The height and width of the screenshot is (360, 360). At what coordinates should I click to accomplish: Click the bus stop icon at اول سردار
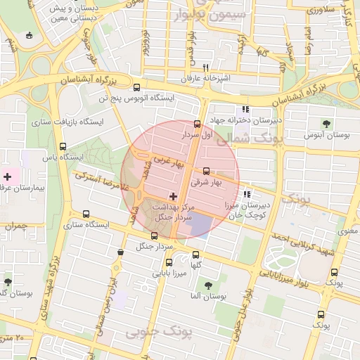click(x=196, y=123)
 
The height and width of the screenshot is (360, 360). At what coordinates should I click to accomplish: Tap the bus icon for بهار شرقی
click(x=206, y=171)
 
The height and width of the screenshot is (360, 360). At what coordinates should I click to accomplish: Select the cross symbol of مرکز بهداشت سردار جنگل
click(x=173, y=195)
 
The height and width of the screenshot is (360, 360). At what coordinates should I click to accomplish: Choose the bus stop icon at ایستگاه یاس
click(x=63, y=147)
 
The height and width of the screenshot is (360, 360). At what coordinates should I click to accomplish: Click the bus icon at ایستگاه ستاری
click(x=86, y=214)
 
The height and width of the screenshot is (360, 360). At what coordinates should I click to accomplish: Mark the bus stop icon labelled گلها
click(x=196, y=255)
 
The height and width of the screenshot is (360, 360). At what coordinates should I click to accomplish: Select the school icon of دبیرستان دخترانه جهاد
click(x=245, y=109)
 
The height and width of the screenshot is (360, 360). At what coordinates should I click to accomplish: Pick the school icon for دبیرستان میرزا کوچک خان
click(x=245, y=195)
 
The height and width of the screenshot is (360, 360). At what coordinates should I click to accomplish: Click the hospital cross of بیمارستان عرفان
click(x=8, y=176)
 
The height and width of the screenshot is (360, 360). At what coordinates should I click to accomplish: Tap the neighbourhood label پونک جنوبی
click(x=153, y=330)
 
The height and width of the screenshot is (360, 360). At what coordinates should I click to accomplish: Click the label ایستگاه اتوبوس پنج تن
click(x=136, y=98)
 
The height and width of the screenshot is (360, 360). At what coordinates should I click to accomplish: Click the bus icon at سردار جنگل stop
click(x=155, y=235)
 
